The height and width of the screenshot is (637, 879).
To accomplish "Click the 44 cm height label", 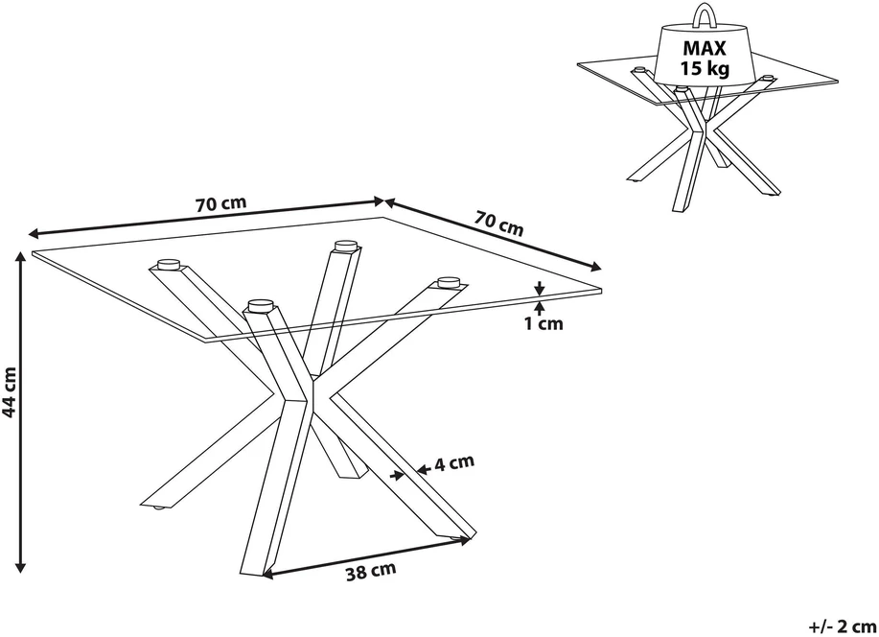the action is coord(10,393).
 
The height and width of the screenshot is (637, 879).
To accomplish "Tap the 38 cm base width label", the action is coord(370,572).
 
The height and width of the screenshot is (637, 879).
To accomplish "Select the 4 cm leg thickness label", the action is coord(454,463).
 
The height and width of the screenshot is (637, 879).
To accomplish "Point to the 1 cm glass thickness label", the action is coord(544,324).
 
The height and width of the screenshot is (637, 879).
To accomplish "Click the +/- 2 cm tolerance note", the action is coord(843,625).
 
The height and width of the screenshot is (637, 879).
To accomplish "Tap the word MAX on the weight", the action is coord(705,48).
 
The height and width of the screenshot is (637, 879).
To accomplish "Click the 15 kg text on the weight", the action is coord(705,68).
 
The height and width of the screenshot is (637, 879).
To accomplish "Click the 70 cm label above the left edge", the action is coord(220,203).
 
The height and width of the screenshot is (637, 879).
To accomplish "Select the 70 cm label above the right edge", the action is coord(498,223).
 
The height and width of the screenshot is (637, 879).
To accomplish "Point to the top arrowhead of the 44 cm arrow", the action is coord(21,257).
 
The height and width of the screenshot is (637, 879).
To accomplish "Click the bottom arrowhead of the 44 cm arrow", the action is coord(21,566).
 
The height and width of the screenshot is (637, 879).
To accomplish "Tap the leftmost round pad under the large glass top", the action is coord(168,264).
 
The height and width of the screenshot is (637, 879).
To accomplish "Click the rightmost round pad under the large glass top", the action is coord(448,281).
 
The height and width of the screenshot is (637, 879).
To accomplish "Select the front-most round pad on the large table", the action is coord(259,305).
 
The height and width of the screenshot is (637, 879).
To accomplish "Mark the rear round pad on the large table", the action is coord(345,246).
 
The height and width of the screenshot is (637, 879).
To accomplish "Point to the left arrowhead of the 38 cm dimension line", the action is coord(268,573).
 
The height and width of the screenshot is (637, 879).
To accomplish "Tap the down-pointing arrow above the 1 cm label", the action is coord(539,288).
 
